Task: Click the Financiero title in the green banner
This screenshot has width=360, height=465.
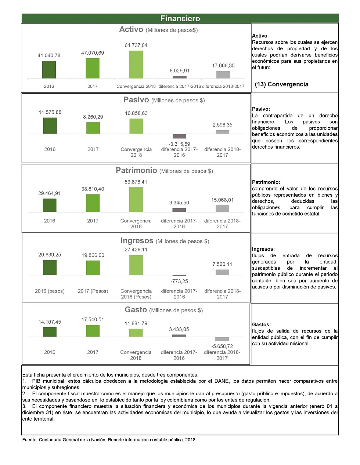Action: click(180, 18)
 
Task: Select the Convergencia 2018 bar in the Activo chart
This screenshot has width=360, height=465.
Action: click(136, 65)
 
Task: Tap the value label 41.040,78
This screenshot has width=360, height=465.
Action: click(49, 55)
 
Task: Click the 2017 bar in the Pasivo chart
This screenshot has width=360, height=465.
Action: click(93, 128)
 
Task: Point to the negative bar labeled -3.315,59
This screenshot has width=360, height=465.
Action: click(179, 136)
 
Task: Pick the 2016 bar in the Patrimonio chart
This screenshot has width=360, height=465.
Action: click(50, 205)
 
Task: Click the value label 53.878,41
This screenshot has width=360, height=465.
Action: click(136, 182)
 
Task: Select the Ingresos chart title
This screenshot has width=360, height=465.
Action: click(137, 241)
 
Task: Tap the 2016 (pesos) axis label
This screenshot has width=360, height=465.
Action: click(50, 291)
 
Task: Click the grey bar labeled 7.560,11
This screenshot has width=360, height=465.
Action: click(222, 272)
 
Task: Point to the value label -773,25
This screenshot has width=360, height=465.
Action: click(179, 281)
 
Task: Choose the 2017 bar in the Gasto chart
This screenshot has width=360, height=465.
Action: click(93, 331)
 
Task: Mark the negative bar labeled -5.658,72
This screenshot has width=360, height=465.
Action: click(222, 339)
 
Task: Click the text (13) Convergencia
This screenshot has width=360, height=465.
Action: click(281, 84)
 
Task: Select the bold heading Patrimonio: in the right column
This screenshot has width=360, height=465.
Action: click(266, 182)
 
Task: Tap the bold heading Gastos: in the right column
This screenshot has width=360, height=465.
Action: click(261, 324)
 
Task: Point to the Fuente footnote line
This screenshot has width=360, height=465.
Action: click(109, 440)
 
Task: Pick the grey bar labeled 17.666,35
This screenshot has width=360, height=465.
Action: click(223, 75)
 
